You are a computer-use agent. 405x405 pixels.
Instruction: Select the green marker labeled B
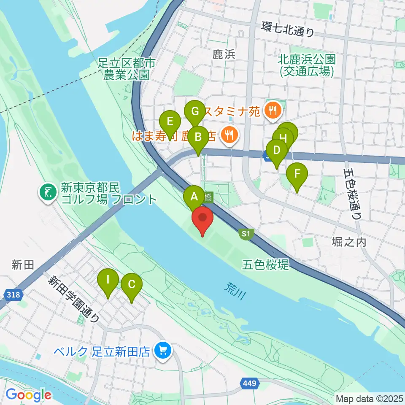pos(198,137)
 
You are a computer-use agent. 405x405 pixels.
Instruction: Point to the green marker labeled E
pos(170,122)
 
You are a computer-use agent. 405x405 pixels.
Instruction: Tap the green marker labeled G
pos(195,112)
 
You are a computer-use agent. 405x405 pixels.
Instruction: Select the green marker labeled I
pos(108,280)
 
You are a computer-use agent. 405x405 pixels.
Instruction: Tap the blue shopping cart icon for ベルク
pos(162,351)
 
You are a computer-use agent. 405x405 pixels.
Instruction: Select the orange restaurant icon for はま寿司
pos(230,135)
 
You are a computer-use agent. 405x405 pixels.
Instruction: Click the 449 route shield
pos(249,383)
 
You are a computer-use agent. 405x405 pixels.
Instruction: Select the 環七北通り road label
pos(288,29)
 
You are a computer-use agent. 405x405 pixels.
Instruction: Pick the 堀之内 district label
pos(348,242)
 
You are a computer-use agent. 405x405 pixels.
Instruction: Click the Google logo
pos(29,395)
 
